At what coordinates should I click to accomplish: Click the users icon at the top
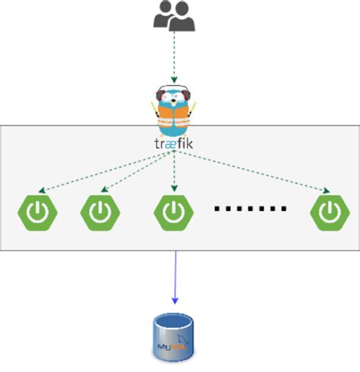[x=174, y=17]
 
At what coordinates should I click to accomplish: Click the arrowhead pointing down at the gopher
[x=175, y=78]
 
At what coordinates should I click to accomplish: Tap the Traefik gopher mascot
[x=175, y=110]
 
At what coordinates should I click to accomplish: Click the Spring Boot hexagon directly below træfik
[x=174, y=212]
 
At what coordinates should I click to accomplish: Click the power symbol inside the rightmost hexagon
[x=330, y=212]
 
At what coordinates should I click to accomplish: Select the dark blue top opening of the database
[x=175, y=321]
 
